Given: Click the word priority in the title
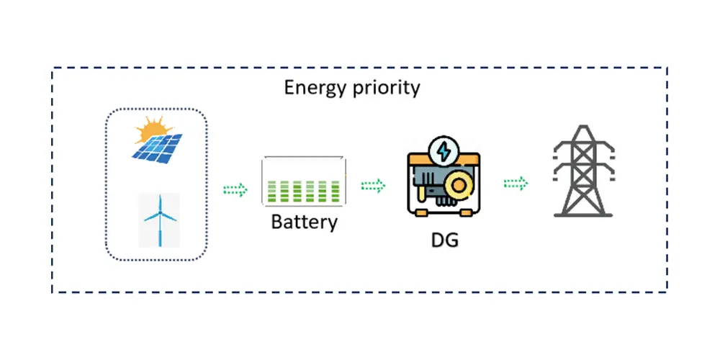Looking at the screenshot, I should coord(385,89).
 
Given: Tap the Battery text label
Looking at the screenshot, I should coord(304,221).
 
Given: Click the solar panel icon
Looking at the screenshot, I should coord(158,147).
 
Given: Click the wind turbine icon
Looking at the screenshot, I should coord(159,219).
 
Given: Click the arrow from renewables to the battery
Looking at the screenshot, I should coord(235,189).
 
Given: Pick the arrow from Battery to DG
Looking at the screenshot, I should coord(373,186).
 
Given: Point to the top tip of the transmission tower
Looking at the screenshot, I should coord(583,127).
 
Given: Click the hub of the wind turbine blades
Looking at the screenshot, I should coord(159,214).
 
